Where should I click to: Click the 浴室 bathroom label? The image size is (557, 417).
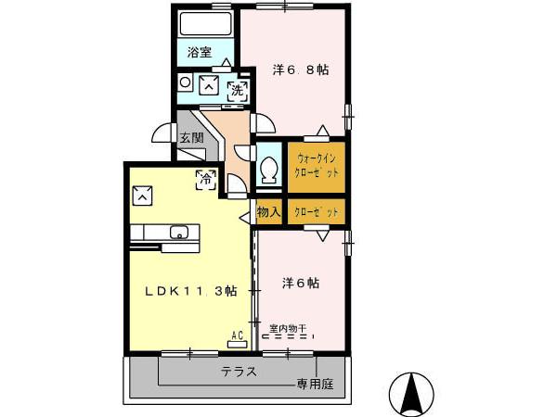point(199,53)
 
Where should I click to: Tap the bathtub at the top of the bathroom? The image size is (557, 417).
point(204,24)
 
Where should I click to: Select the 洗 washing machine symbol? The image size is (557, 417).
point(238,90)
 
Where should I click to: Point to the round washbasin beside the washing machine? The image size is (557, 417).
point(185,83)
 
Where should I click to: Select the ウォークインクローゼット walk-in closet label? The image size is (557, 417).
point(317,164)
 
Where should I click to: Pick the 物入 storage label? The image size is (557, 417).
point(269,213)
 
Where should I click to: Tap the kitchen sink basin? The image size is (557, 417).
point(176,232)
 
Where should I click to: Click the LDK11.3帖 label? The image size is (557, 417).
point(190,290)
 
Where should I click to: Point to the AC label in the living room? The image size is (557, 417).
point(236,335)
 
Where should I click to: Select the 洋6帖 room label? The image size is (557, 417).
point(301,283)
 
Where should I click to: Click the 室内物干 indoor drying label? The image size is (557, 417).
point(288,327)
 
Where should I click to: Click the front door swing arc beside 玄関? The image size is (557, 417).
point(165,133)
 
